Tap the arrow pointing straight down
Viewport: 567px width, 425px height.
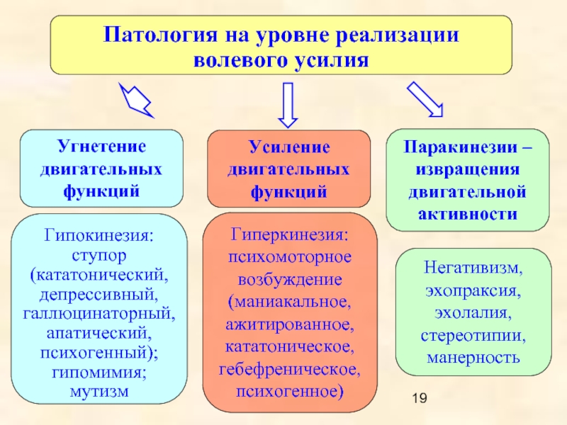pos(288,105)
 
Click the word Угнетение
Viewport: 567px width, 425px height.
pos(101,147)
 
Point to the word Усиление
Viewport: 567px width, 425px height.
pos(289,147)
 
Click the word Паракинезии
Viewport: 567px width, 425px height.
pos(461,147)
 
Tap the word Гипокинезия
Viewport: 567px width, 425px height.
pos(99,236)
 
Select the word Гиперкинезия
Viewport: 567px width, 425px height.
pos(290,235)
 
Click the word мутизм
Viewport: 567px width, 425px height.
pos(99,392)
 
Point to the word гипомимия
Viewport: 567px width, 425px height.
pos(99,372)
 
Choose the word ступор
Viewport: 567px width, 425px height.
pos(99,256)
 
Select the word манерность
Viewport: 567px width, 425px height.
pos(473,358)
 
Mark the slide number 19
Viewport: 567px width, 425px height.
pos(420,398)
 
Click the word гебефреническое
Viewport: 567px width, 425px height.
pos(290,370)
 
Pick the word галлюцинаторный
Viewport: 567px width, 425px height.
pos(99,314)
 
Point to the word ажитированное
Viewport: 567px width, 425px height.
pos(290,324)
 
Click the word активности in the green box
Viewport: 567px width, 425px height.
pos(468,215)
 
